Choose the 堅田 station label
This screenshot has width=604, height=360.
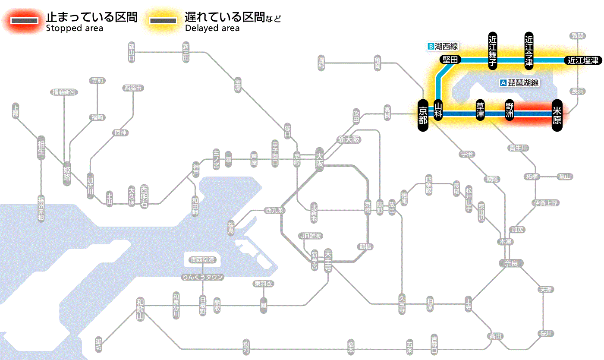pos(450,60)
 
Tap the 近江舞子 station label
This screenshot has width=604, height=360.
pos(493,50)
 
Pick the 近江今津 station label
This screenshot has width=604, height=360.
pos(529,50)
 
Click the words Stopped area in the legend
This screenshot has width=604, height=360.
pos(74,28)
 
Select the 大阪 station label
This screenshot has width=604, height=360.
pos(319,160)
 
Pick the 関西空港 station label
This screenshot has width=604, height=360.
pos(202,260)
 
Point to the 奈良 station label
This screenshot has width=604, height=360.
pos(510,263)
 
